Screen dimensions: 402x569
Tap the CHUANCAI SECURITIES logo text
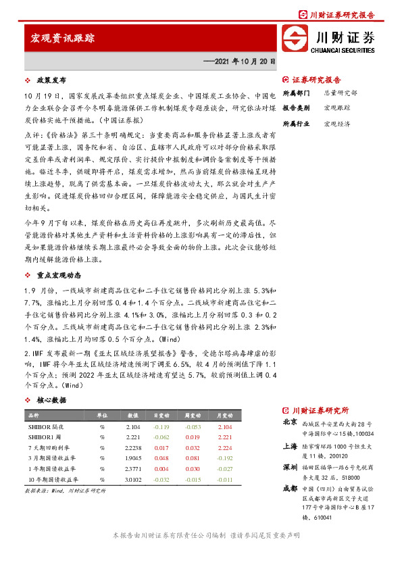tap(343, 49)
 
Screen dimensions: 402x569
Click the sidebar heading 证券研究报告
tap(317, 79)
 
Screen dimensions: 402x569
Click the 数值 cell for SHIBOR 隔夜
tap(132, 427)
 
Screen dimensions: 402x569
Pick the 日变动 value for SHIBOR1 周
tap(161, 437)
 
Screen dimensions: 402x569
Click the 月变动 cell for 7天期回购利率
tap(224, 447)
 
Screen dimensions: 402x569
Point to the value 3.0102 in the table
tap(132, 478)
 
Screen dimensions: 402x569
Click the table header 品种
tap(32, 416)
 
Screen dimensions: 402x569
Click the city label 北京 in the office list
tap(289, 422)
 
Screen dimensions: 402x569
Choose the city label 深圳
tap(289, 467)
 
